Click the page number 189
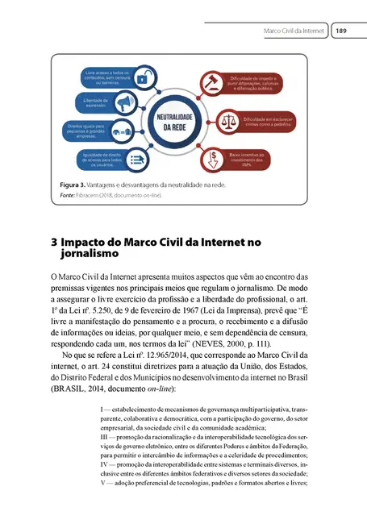click(x=341, y=31)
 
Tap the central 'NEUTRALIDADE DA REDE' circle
click(x=182, y=123)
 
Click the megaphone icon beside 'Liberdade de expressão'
click(x=123, y=103)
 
